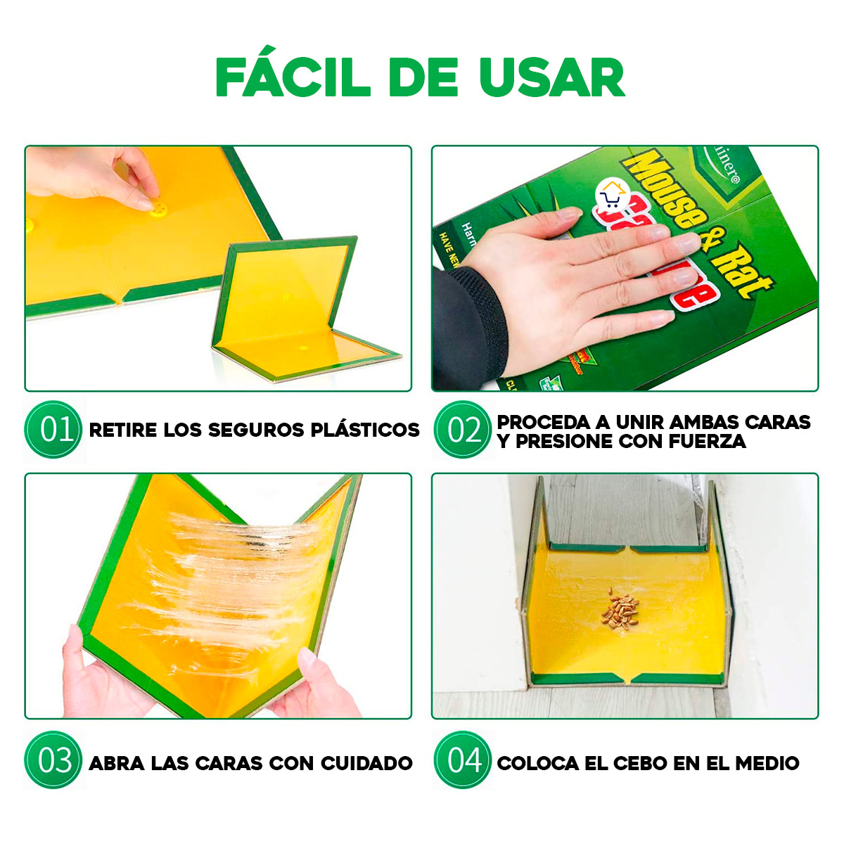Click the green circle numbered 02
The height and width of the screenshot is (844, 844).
click(462, 430)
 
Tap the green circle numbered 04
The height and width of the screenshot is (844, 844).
click(462, 760)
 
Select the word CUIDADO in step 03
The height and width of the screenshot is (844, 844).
click(366, 763)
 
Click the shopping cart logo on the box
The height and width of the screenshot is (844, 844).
click(611, 194)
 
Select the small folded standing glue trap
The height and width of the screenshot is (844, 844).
click(295, 309)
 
